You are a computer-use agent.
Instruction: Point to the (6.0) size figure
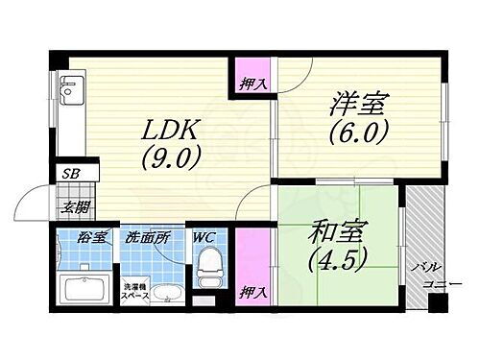click(x=359, y=132)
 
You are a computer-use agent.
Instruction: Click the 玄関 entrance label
click(x=76, y=206)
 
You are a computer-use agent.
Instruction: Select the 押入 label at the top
click(x=252, y=84)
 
